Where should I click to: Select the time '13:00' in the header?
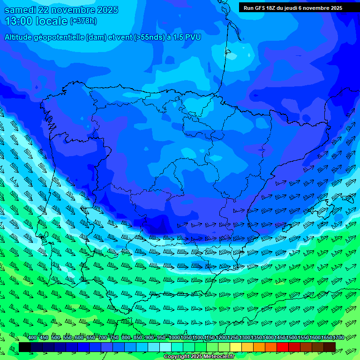[x=19, y=21]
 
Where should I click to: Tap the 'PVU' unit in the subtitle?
[x=194, y=37]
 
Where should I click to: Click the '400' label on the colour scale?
[x=32, y=337]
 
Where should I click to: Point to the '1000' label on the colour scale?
[x=174, y=337]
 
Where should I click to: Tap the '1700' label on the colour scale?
[x=338, y=337]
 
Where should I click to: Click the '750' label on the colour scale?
[x=114, y=337]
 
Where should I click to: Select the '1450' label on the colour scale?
[x=280, y=337]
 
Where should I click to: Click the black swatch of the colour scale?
[x=25, y=347]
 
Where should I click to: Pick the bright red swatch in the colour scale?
[x=283, y=347]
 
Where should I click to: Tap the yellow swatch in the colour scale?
[x=236, y=347]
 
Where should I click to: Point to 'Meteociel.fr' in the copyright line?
[x=218, y=357]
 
